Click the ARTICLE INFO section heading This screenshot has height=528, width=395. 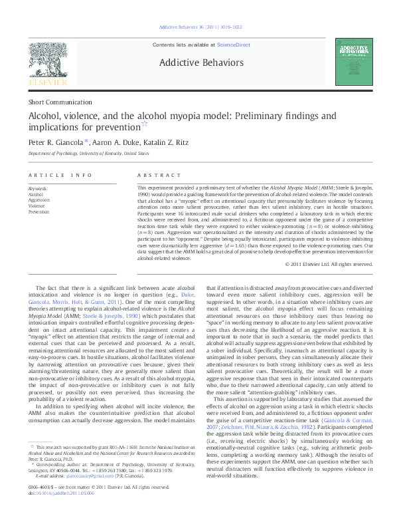pyautogui.click(x=60, y=175)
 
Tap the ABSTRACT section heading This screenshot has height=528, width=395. pyautogui.click(x=158, y=175)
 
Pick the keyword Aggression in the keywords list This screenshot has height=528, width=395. pyautogui.click(x=39, y=199)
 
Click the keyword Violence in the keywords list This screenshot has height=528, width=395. pyautogui.click(x=37, y=205)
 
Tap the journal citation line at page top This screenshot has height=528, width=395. pyautogui.click(x=198, y=27)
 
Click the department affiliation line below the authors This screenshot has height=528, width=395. pyautogui.click(x=88, y=153)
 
